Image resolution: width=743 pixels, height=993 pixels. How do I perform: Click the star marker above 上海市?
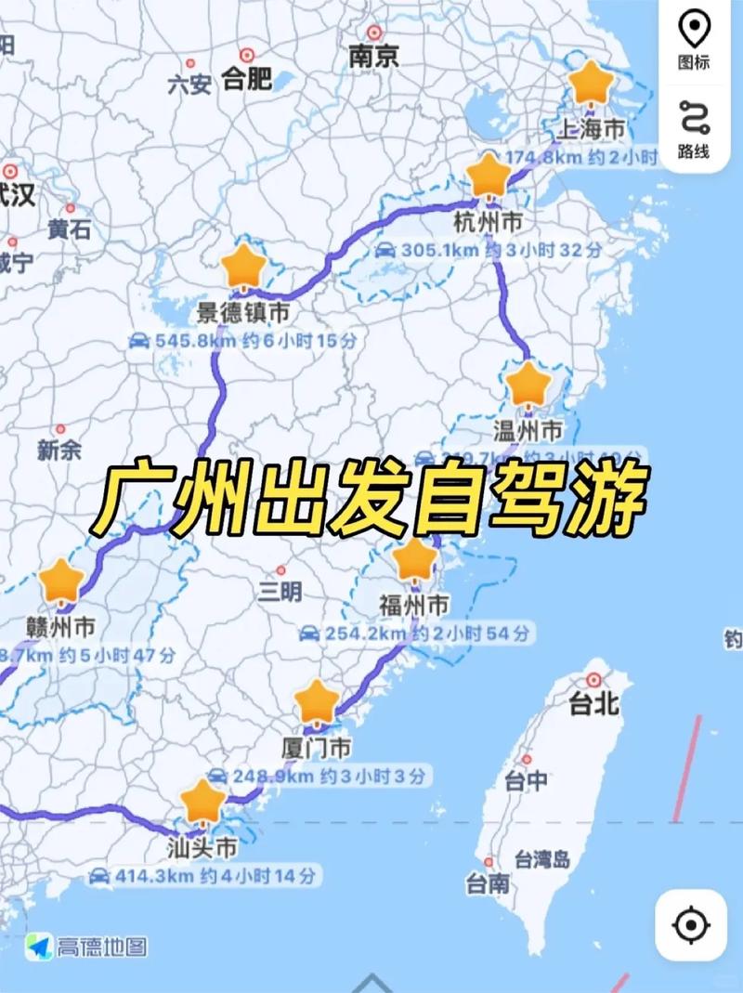pyautogui.click(x=590, y=84)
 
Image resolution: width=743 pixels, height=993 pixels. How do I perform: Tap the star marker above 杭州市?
pyautogui.click(x=489, y=176)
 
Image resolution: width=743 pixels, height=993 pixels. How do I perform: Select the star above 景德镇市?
pyautogui.click(x=244, y=267)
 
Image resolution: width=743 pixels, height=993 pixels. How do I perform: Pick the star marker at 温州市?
pyautogui.click(x=528, y=384)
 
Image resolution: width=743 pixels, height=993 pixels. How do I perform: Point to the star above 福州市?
pyautogui.click(x=414, y=559)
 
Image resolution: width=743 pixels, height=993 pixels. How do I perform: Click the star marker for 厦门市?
pyautogui.click(x=317, y=701)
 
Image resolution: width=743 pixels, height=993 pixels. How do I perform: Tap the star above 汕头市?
pyautogui.click(x=202, y=802)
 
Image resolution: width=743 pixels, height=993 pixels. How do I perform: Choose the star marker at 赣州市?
pyautogui.click(x=62, y=581)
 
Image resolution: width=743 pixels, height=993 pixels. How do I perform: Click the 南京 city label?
pyautogui.click(x=373, y=56)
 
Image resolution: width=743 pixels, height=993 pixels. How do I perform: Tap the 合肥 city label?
pyautogui.click(x=247, y=78)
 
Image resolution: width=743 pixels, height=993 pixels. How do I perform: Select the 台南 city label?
pyautogui.click(x=488, y=883)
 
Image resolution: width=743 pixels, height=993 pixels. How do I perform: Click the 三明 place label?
pyautogui.click(x=280, y=591)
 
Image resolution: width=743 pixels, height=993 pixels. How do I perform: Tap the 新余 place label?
pyautogui.click(x=59, y=451)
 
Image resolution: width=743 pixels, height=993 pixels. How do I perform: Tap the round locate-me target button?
pyautogui.click(x=691, y=924)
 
